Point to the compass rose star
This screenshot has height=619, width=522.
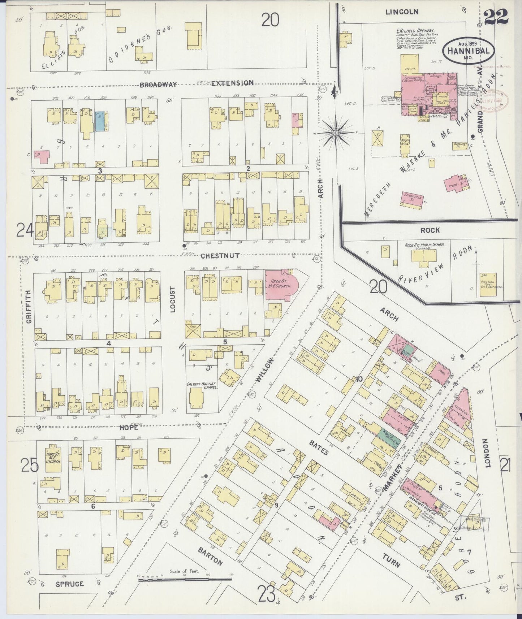click(x=336, y=133)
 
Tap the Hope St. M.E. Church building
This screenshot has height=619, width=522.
click(x=53, y=458)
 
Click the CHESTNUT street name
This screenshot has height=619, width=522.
click(x=220, y=256)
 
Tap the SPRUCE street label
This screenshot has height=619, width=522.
click(x=70, y=594)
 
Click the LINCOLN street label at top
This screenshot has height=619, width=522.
click(x=402, y=12)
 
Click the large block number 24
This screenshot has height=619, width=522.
click(x=25, y=230)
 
